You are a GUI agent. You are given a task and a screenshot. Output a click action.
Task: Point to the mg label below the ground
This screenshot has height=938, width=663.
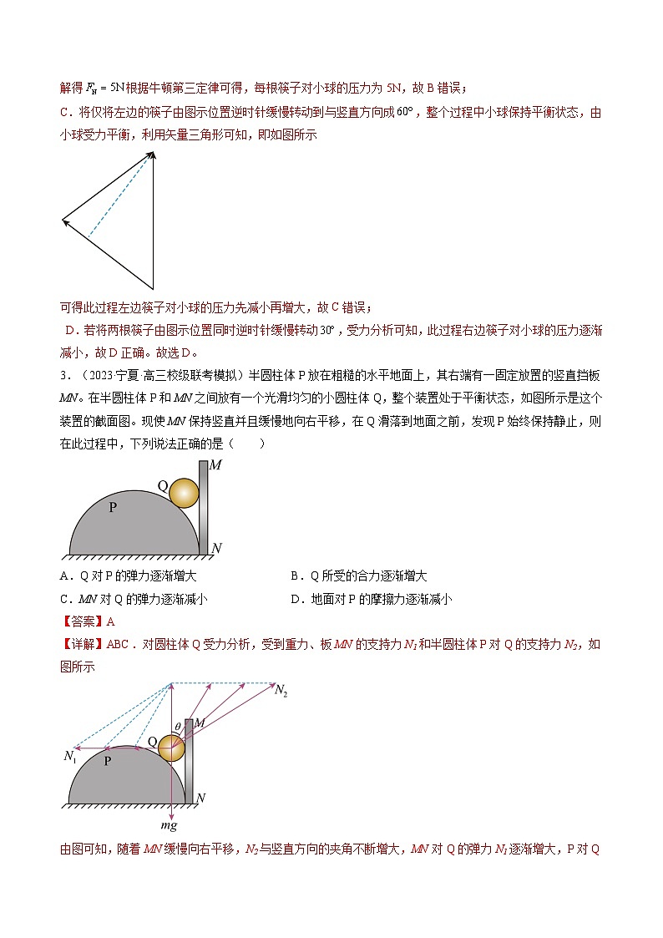click(x=170, y=824)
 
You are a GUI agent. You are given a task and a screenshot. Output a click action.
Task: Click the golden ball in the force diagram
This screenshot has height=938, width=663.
click(x=171, y=747)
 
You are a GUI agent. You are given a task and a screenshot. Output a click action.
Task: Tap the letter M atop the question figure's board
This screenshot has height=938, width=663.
click(x=215, y=466)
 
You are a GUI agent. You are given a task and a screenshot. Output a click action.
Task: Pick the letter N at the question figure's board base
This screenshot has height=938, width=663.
click(x=216, y=549)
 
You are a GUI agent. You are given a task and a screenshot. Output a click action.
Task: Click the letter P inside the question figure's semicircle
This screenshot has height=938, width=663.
click(x=112, y=507)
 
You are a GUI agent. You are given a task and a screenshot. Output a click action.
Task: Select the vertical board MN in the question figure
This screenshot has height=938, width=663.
click(x=203, y=510)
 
